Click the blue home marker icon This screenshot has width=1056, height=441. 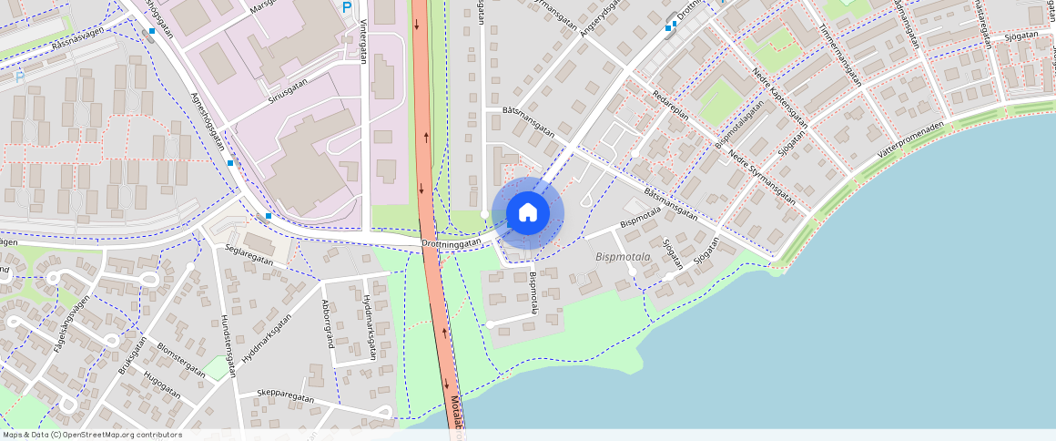coord(527,212)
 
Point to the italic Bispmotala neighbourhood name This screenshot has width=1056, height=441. coord(623,257)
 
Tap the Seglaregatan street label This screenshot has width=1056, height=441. coord(249,260)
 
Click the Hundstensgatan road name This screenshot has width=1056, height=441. coord(228,346)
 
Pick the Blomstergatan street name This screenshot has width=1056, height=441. coord(180,361)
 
